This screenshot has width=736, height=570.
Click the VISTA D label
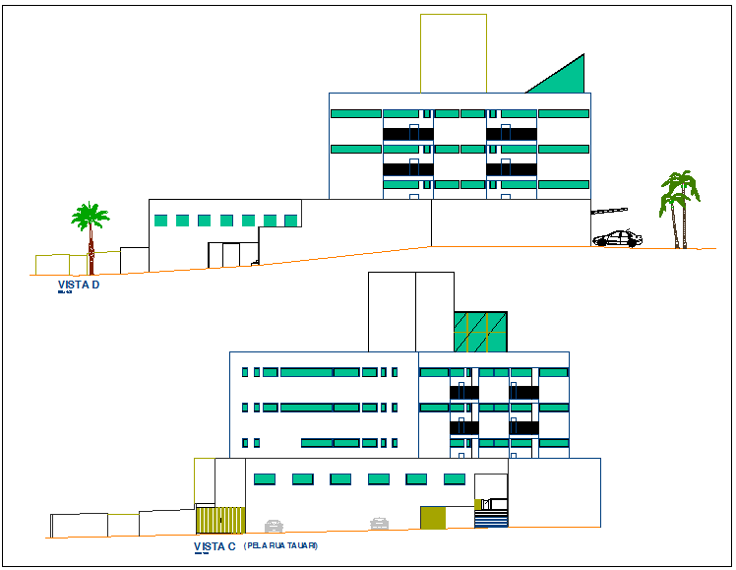click(x=79, y=285)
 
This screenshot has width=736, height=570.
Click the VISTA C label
click(x=215, y=546)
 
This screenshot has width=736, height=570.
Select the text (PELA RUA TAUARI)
click(x=280, y=545)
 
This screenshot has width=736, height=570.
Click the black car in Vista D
click(x=617, y=239)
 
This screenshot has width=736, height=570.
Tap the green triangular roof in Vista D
click(x=566, y=78)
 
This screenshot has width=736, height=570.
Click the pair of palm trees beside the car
click(x=678, y=206)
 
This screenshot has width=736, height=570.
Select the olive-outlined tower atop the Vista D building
click(x=453, y=53)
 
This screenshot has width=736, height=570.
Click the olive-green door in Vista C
click(x=432, y=518)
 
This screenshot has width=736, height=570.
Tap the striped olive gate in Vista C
click(x=219, y=520)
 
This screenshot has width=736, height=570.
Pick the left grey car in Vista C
click(x=274, y=526)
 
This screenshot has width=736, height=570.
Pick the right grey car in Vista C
click(x=379, y=524)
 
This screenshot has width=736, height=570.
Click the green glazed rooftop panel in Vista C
click(x=480, y=332)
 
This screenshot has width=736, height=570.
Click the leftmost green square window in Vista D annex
click(x=159, y=221)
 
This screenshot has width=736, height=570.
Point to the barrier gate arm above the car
click(x=610, y=211)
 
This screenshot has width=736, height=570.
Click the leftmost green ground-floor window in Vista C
click(x=264, y=479)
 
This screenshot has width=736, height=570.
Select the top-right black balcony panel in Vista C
click(x=523, y=393)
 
